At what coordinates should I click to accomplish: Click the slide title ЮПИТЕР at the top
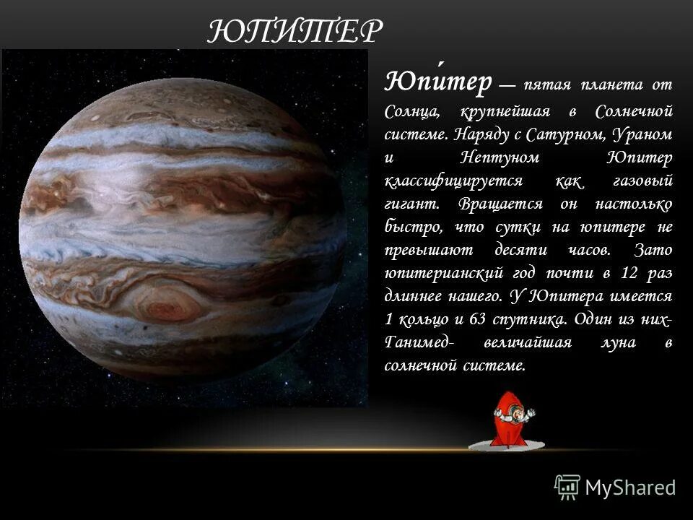pos(295,32)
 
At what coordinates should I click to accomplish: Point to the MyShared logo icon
pos(567,487)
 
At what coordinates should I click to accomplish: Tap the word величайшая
pos(533,342)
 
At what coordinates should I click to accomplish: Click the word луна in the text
pos(621,342)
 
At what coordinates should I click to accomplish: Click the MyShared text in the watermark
pos(630,487)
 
